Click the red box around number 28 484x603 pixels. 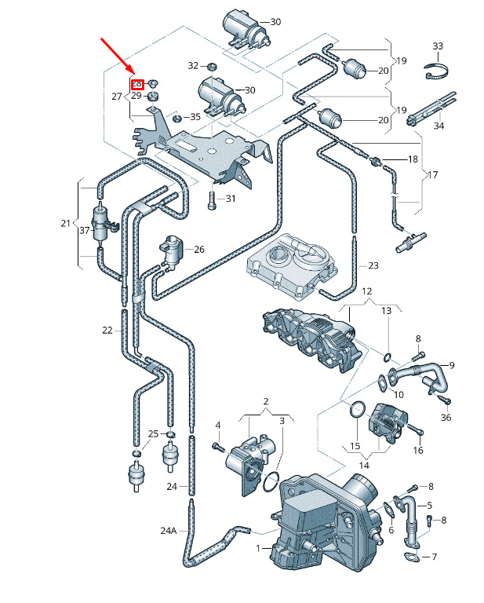click(x=136, y=84)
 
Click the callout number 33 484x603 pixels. click(x=438, y=47)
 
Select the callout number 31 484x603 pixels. click(x=231, y=199)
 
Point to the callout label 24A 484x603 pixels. click(x=169, y=531)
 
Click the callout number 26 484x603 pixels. click(x=199, y=250)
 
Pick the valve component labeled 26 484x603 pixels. click(x=172, y=250)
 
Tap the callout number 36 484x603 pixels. click(x=446, y=417)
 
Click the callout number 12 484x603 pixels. click(x=366, y=291)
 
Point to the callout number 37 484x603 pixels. click(x=84, y=230)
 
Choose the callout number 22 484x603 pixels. click(x=107, y=331)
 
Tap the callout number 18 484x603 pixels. click(x=413, y=159)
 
